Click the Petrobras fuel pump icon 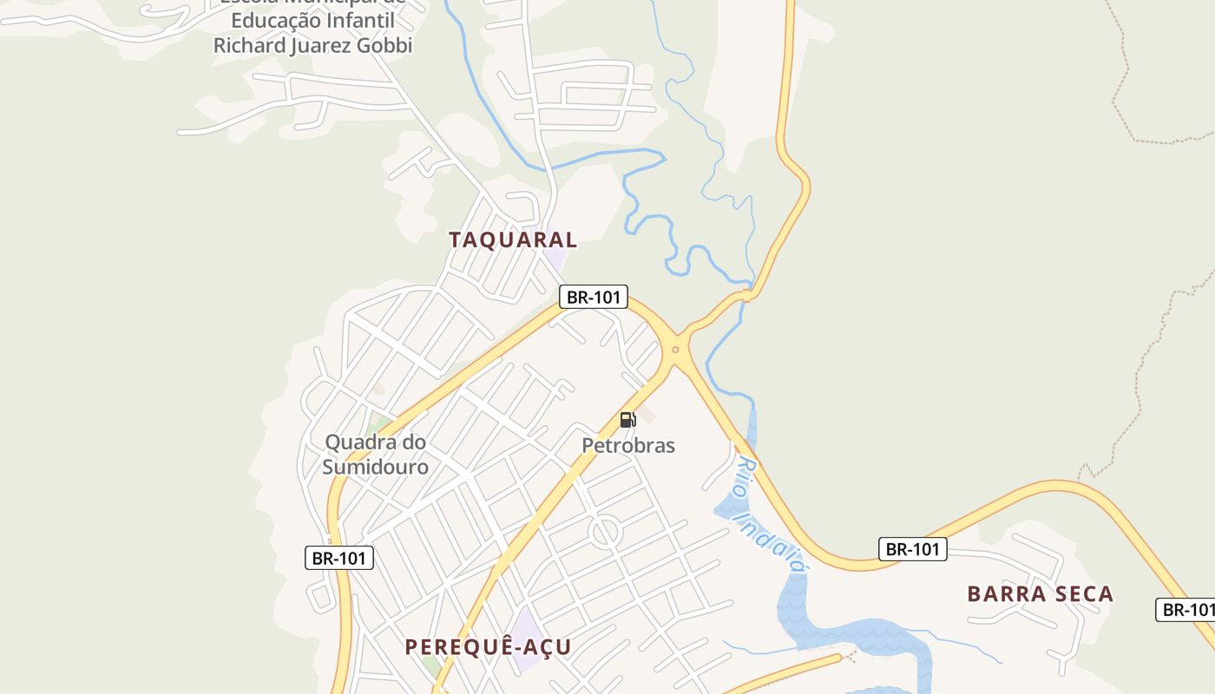(627, 420)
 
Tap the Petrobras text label (628, 446)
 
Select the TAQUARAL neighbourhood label (513, 240)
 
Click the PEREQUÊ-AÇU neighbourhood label (489, 647)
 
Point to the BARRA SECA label (1040, 594)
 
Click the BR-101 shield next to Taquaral (593, 297)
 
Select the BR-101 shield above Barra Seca (912, 548)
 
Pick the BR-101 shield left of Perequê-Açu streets (339, 558)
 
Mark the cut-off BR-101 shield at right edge (1186, 609)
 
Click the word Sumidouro (376, 467)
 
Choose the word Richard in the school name (249, 45)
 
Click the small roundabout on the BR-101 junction (675, 350)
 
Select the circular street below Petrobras (605, 532)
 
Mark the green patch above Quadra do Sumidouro (378, 425)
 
